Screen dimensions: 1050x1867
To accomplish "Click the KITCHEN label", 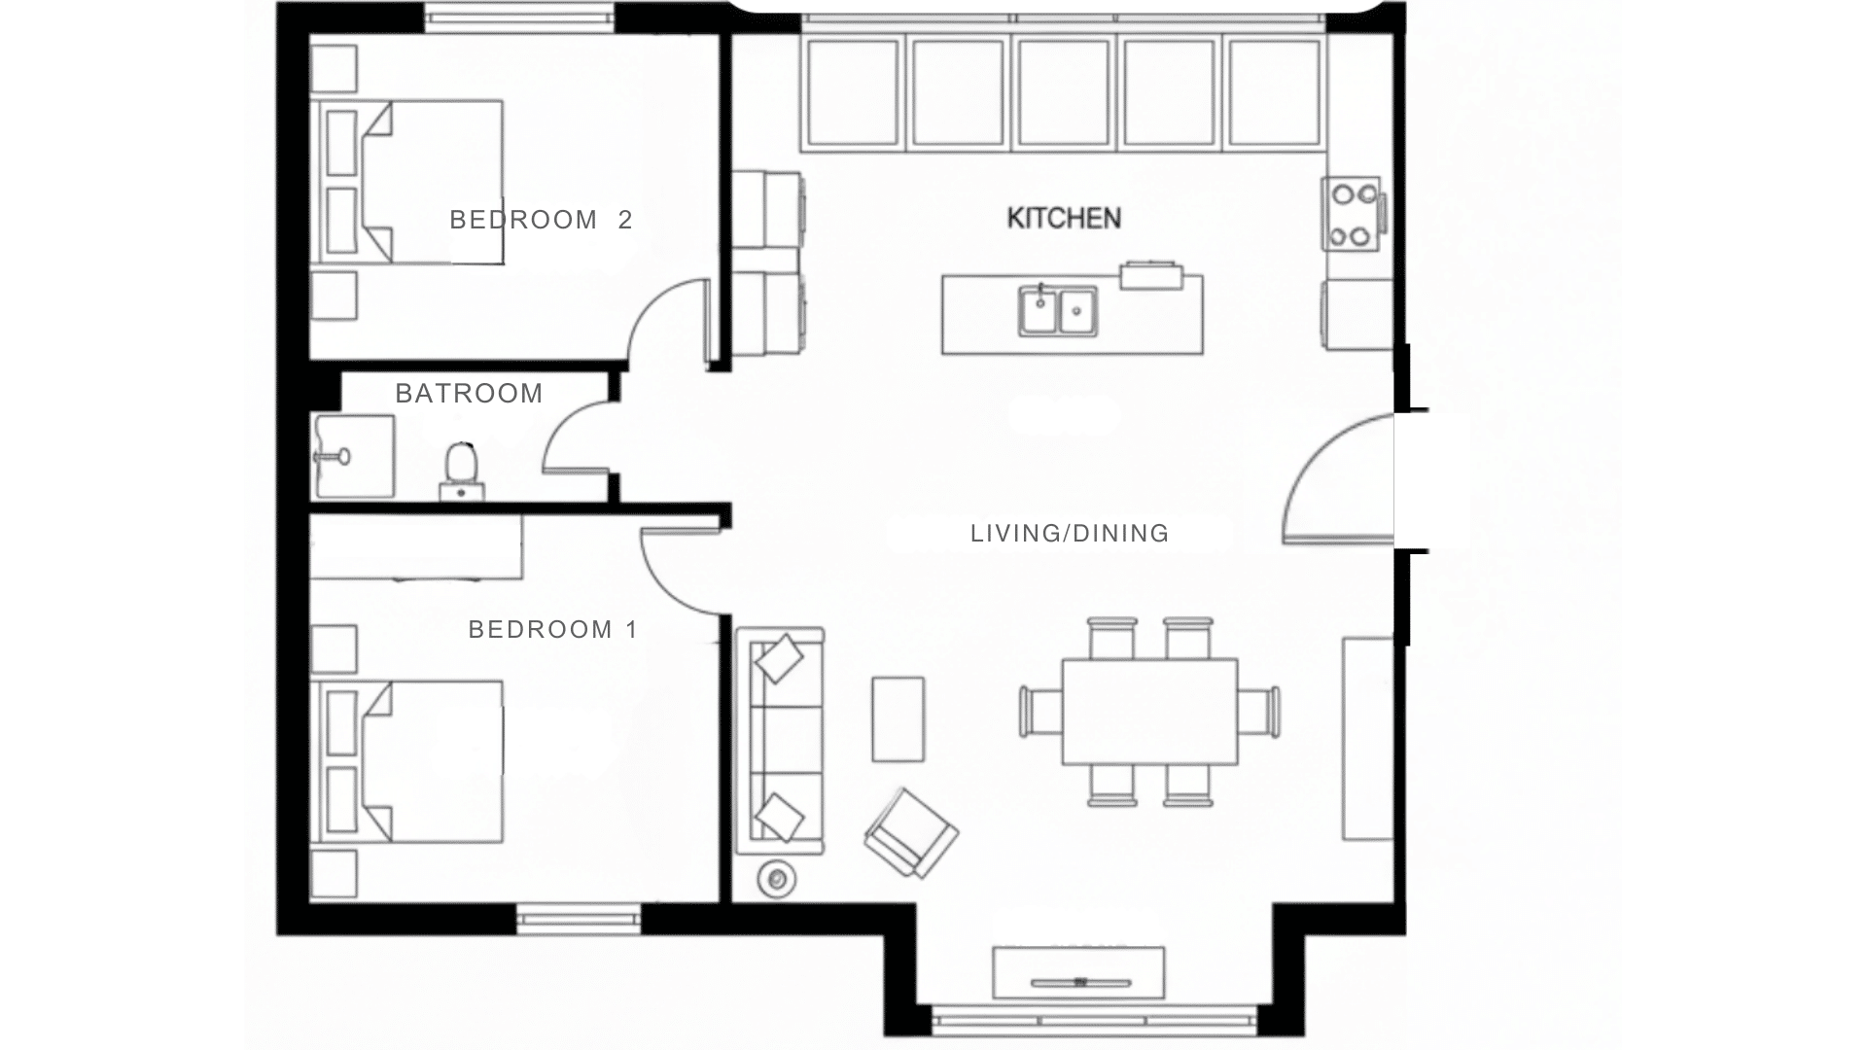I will click(x=1064, y=219).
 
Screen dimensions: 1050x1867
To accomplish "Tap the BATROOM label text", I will click(x=469, y=394).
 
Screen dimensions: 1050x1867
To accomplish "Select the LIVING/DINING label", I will click(x=1070, y=534).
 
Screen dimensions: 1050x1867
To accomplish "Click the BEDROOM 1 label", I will click(x=552, y=630).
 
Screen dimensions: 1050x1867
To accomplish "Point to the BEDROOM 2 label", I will click(x=541, y=221).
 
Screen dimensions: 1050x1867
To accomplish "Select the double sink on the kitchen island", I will click(x=1058, y=311).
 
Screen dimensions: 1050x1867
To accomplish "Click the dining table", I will click(x=1149, y=712).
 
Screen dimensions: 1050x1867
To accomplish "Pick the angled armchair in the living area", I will click(x=911, y=833).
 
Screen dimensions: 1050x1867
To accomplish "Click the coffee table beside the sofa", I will click(x=898, y=719).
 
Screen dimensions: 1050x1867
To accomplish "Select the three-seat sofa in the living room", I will click(x=780, y=741).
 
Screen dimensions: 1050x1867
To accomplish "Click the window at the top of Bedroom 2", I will click(x=520, y=17).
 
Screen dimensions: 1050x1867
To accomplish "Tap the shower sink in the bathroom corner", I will click(x=352, y=456).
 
